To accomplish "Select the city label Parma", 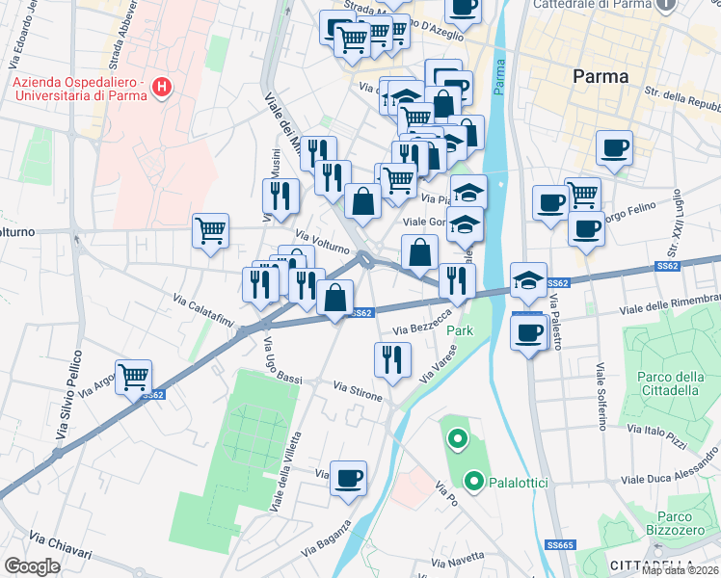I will click(x=600, y=76).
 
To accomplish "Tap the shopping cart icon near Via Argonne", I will click(x=133, y=376).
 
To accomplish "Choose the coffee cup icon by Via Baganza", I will click(x=348, y=477).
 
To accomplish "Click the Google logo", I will click(x=32, y=566).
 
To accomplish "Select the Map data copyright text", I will click(x=681, y=570).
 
